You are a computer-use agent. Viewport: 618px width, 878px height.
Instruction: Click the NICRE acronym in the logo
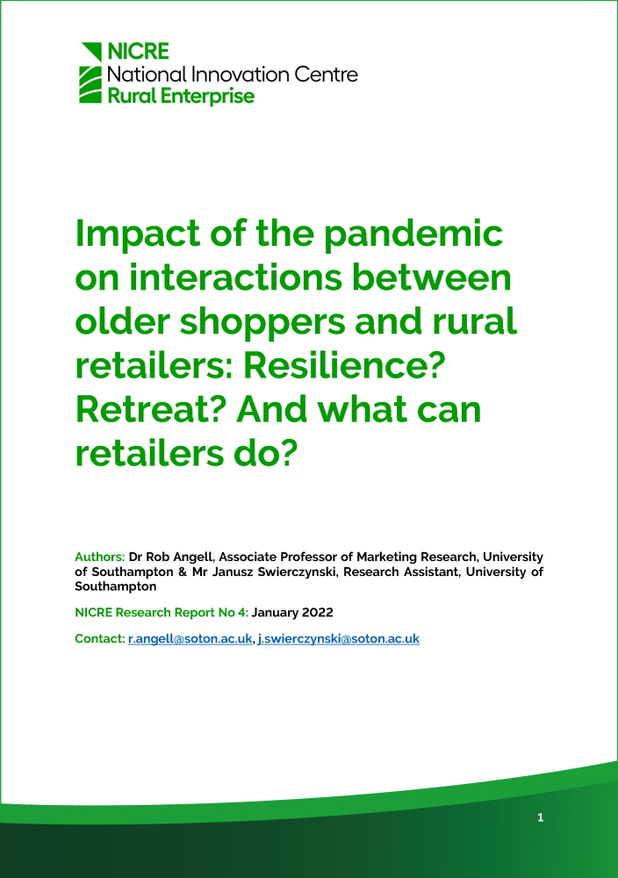click(139, 52)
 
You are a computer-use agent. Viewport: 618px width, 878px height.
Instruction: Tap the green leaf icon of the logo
click(91, 73)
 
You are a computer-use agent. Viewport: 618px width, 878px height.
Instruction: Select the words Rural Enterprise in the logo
click(181, 97)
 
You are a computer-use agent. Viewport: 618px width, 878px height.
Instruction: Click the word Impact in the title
click(137, 234)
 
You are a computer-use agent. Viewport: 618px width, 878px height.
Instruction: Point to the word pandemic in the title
click(413, 234)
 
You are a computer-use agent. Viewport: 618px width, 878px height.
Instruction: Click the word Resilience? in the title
click(344, 365)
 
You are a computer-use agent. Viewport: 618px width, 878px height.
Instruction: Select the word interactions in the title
click(235, 277)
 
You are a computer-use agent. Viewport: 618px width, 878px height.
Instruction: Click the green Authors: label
click(100, 558)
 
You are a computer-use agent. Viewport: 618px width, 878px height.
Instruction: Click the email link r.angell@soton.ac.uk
click(190, 639)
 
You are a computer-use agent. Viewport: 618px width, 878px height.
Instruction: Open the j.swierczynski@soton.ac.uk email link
click(338, 639)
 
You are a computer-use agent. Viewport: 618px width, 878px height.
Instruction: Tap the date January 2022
click(292, 613)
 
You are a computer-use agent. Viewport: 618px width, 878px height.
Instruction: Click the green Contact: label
click(100, 639)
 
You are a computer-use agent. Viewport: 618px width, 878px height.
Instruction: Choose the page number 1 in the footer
click(540, 817)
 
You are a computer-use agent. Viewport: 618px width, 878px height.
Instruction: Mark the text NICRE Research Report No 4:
click(162, 613)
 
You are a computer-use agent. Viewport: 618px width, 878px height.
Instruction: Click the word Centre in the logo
click(326, 75)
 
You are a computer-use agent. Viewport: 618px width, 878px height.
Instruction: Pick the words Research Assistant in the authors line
click(401, 572)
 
